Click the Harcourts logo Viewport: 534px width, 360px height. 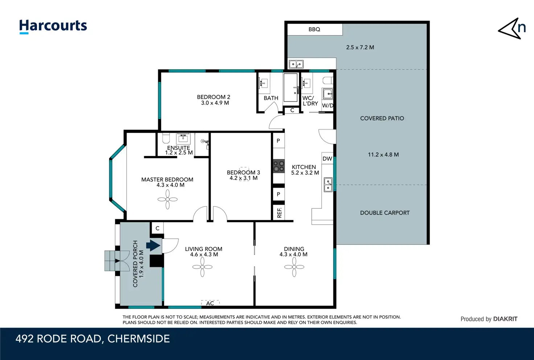pyautogui.click(x=53, y=26)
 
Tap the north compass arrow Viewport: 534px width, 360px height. pyautogui.click(x=509, y=28)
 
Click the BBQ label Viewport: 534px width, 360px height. pyautogui.click(x=314, y=29)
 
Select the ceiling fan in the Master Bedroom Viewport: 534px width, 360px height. pyautogui.click(x=168, y=199)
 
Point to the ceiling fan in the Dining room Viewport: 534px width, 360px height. pyautogui.click(x=294, y=267)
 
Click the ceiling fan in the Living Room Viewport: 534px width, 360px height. pyautogui.click(x=202, y=267)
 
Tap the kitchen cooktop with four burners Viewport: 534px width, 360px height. pyautogui.click(x=279, y=166)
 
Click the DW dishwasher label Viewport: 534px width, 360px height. pyautogui.click(x=327, y=159)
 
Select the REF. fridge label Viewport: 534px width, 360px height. pyautogui.click(x=279, y=213)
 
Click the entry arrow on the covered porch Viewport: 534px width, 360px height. pyautogui.click(x=153, y=245)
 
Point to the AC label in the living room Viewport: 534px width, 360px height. pyautogui.click(x=210, y=303)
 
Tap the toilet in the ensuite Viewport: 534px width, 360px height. pyautogui.click(x=166, y=138)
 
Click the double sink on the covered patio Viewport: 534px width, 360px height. pyautogui.click(x=296, y=64)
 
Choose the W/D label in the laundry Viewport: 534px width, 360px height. pyautogui.click(x=328, y=105)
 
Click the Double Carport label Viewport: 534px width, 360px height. pyautogui.click(x=385, y=213)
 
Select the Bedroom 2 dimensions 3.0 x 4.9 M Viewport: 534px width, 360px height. pyautogui.click(x=215, y=103)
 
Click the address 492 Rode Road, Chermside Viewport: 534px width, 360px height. pyautogui.click(x=93, y=339)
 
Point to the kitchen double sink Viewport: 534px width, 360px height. pyautogui.click(x=328, y=185)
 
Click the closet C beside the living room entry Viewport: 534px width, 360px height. pyautogui.click(x=157, y=228)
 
